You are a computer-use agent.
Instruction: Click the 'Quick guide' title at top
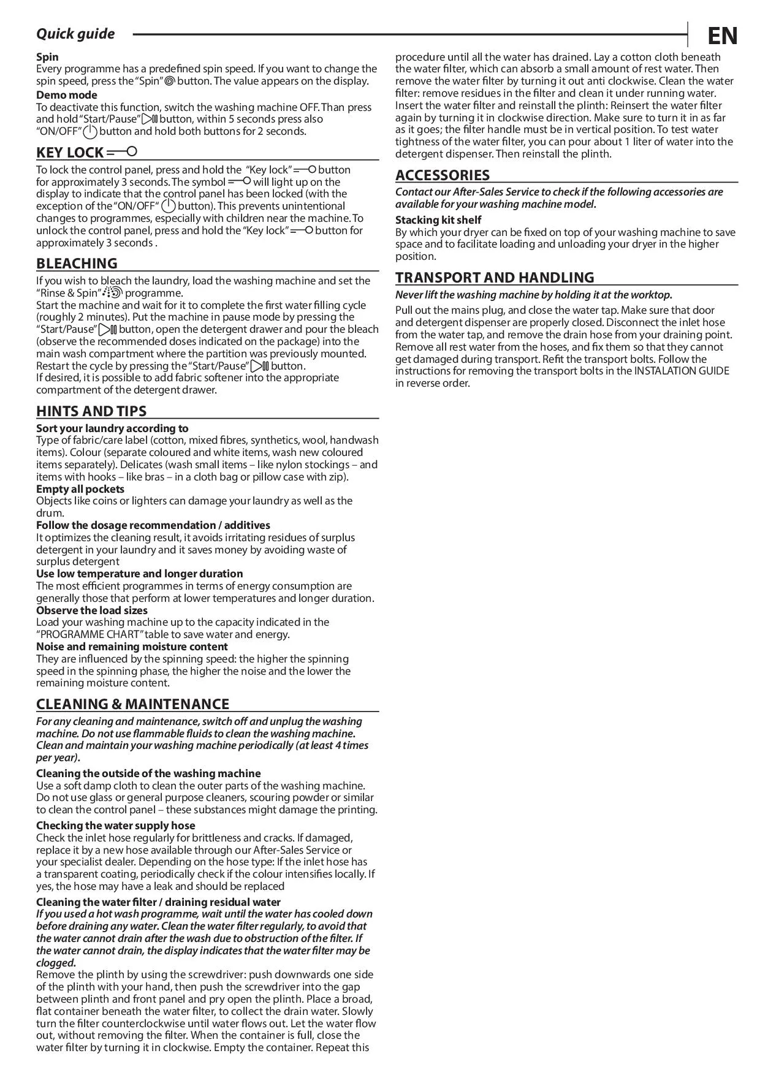click(x=75, y=34)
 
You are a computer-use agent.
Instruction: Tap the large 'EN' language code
click(x=723, y=36)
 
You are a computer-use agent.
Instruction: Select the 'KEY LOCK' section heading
click(x=70, y=153)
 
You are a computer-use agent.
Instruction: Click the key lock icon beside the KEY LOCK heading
click(x=122, y=151)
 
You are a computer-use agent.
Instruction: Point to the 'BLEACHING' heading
click(x=77, y=264)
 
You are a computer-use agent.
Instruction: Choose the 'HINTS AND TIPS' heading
click(x=91, y=411)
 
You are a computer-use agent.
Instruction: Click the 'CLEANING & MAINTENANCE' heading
click(x=132, y=704)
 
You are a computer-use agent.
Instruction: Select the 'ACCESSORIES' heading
click(x=442, y=175)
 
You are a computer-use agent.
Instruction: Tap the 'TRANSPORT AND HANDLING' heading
click(x=494, y=278)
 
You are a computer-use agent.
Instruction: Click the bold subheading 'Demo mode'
click(x=66, y=95)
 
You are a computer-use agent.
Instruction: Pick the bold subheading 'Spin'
click(x=47, y=57)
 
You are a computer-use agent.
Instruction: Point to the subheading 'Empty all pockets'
click(x=80, y=489)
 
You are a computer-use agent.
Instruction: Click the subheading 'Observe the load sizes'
click(x=91, y=610)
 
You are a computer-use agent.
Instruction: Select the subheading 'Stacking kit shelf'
click(x=438, y=220)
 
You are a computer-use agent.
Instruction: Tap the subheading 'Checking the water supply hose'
click(x=115, y=826)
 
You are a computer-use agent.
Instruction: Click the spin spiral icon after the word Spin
click(x=170, y=81)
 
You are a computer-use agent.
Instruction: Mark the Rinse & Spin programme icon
click(x=113, y=292)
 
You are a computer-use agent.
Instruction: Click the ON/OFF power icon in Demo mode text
click(x=90, y=131)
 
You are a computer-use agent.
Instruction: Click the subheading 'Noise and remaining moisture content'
click(x=132, y=647)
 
